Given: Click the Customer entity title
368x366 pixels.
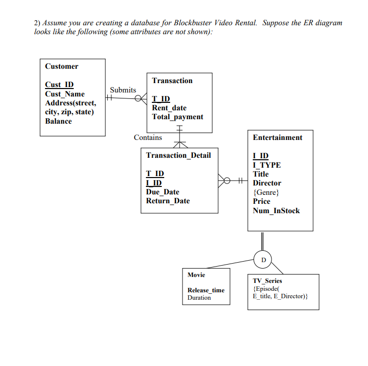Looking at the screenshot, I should click(x=61, y=66).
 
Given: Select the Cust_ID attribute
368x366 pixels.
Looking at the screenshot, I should click(x=59, y=85).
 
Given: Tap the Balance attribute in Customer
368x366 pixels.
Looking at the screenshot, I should click(x=58, y=121).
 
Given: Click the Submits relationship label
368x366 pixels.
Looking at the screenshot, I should click(x=123, y=90).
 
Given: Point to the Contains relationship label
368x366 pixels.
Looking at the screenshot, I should click(x=147, y=137).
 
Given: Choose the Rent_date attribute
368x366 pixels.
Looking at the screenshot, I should click(x=169, y=108).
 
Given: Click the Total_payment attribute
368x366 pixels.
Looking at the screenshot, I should click(x=177, y=117).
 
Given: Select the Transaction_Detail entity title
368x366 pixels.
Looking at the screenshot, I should click(x=178, y=155).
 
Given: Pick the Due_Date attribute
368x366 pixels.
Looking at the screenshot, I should click(x=162, y=192).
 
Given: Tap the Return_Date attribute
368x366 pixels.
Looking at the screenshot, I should click(x=168, y=201).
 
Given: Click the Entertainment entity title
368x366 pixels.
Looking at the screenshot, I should click(x=277, y=137).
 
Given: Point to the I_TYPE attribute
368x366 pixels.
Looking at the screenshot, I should click(x=266, y=165).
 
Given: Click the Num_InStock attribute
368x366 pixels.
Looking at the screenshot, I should click(x=276, y=211).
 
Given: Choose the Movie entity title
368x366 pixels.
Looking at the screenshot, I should click(x=196, y=275).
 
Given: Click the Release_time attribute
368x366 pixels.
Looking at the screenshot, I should click(x=205, y=290).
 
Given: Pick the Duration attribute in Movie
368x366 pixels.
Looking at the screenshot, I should click(x=199, y=298).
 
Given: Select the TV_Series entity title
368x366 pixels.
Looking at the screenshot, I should click(x=267, y=280).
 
